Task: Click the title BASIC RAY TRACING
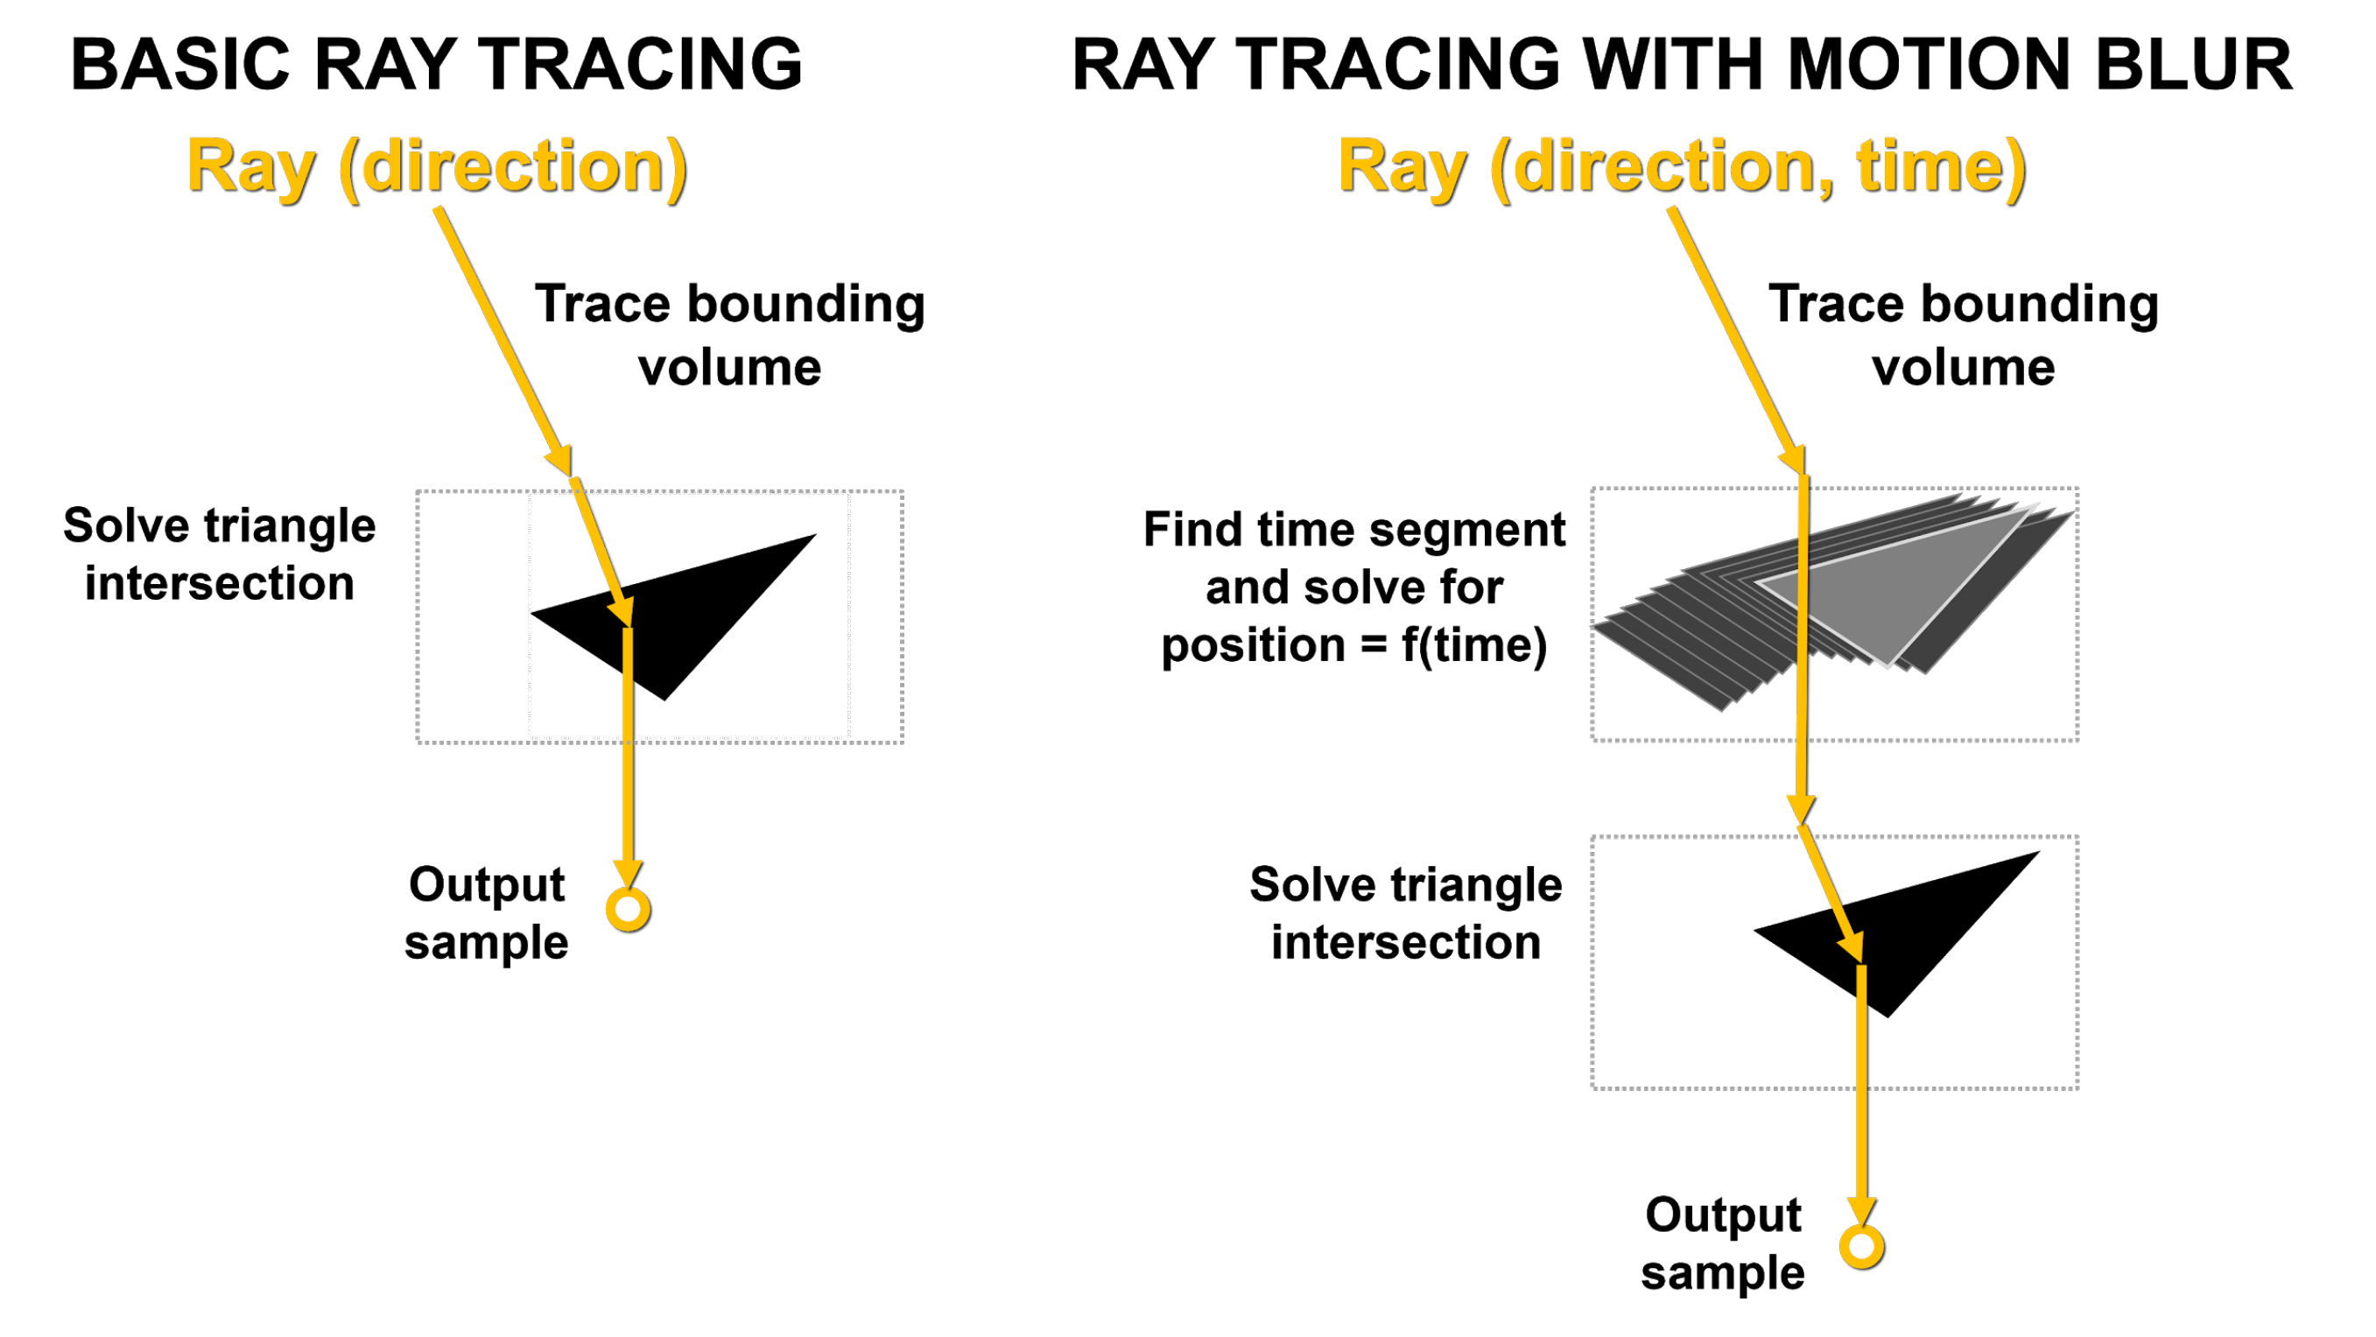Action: [x=436, y=65]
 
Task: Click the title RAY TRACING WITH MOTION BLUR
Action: [x=1682, y=65]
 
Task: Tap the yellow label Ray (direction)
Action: [x=437, y=168]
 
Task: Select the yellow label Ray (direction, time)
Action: [x=1682, y=168]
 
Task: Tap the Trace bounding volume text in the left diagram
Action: [x=729, y=335]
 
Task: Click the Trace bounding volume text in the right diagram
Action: [x=1963, y=335]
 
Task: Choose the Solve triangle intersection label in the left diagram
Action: [x=220, y=553]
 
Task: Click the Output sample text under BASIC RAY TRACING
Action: [x=486, y=913]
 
